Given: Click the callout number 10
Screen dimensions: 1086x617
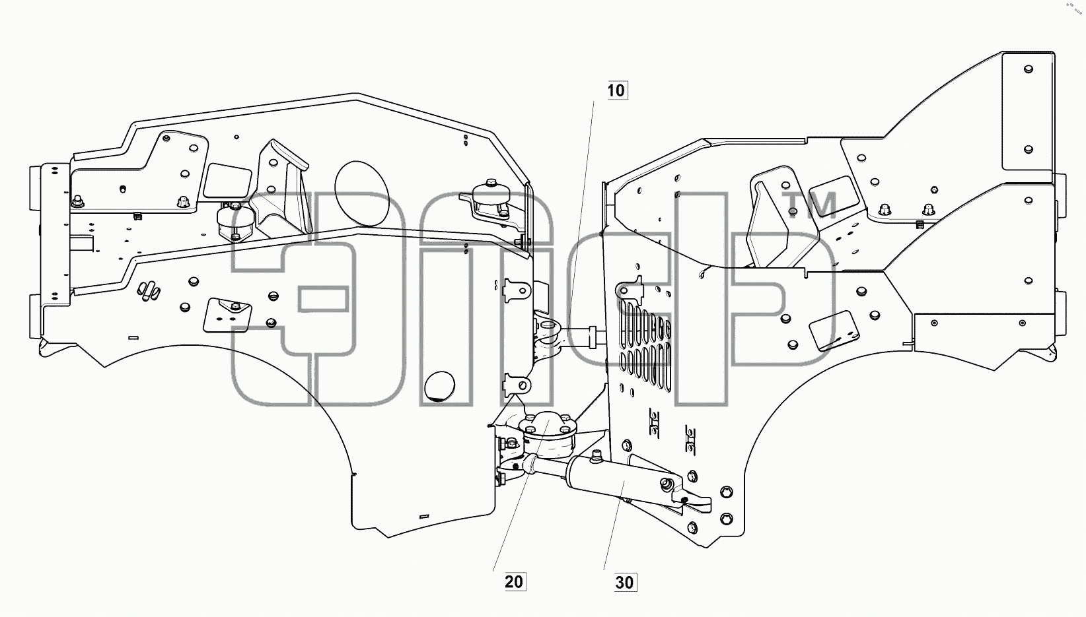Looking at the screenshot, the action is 617,90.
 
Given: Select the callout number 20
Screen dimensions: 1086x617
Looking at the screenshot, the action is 515,581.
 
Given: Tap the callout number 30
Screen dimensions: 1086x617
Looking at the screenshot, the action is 625,582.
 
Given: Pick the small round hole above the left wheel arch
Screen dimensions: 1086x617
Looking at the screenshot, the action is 439,387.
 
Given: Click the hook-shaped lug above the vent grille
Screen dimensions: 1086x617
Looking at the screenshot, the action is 629,290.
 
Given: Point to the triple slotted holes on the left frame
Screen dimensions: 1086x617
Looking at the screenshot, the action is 149,290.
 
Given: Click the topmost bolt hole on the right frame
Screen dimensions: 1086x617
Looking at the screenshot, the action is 1029,69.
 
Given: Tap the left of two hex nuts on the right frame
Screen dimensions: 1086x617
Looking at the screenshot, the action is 885,209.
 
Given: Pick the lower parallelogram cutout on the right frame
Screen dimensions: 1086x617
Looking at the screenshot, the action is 834,331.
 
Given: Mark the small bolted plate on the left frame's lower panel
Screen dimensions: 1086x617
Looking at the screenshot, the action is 227,315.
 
